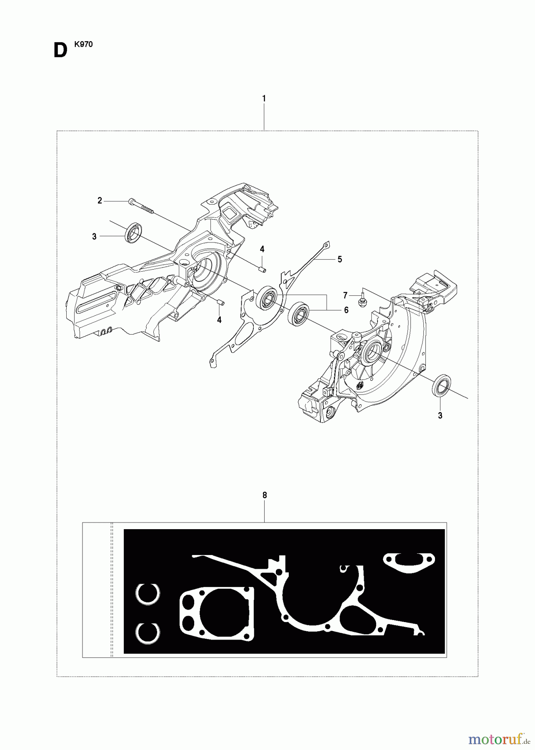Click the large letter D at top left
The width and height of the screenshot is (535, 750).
[x=60, y=51]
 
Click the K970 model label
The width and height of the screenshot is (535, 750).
[x=83, y=45]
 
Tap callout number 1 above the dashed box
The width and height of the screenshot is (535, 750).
[x=264, y=99]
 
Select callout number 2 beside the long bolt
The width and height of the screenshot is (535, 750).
[x=100, y=201]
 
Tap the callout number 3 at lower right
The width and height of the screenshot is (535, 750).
[x=440, y=415]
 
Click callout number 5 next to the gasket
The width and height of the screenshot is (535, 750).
[x=340, y=260]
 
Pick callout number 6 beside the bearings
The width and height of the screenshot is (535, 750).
[x=346, y=310]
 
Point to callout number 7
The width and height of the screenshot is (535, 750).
[x=345, y=295]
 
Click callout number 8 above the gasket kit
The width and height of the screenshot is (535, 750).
[x=265, y=495]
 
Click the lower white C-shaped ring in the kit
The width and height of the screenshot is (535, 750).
[x=148, y=633]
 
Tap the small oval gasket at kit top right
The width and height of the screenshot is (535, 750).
[x=409, y=562]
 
